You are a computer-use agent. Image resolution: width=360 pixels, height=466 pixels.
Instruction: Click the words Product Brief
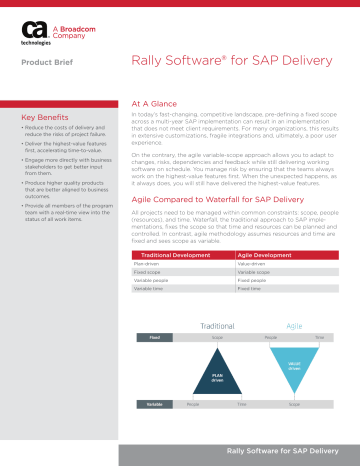tap(53, 68)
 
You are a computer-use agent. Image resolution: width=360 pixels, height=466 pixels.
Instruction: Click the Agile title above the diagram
tap(294, 326)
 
